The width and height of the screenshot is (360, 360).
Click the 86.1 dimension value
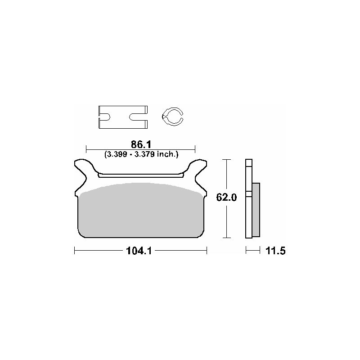[141, 144]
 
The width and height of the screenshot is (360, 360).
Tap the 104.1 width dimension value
[139, 251]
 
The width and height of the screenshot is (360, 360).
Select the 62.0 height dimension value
[226, 198]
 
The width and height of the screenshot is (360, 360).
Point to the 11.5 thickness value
[275, 251]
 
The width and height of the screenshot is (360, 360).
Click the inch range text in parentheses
[141, 154]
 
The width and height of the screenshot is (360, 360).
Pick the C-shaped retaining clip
[172, 117]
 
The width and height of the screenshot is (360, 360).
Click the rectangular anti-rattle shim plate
[123, 117]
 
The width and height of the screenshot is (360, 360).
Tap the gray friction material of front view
[141, 210]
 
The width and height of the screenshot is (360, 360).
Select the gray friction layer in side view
[256, 210]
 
